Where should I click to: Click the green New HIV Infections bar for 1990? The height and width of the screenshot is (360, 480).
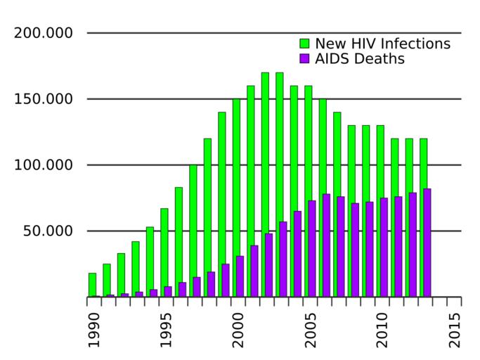coord(92,285)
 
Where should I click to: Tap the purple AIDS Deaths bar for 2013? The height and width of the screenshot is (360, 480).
coord(427,243)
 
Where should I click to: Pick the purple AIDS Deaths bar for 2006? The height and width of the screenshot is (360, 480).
coord(326,245)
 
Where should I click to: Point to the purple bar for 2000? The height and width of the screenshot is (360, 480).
coord(240,276)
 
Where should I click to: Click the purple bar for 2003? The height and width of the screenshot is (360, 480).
coord(283,259)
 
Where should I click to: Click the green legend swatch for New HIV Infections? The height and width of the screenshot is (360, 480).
coord(304,44)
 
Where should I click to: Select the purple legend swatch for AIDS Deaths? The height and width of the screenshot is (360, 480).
coord(304,59)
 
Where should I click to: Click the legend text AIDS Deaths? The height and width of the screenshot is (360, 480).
coord(359,59)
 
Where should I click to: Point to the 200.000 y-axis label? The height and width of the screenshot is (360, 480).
coord(44,33)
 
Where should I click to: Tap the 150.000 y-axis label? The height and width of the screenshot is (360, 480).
coord(44,99)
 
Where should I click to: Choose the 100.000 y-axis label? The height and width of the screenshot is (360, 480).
coord(44,165)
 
